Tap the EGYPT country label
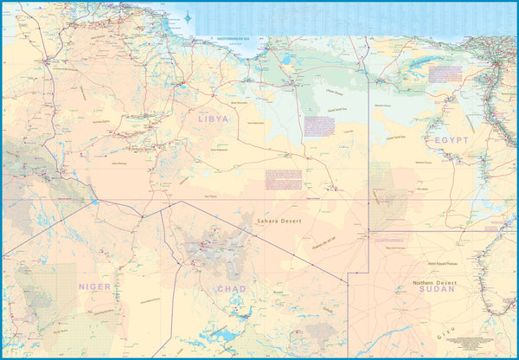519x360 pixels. [452, 139]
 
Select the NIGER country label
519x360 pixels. [95, 286]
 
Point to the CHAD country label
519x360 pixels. [231, 289]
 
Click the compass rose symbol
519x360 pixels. [189, 15]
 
